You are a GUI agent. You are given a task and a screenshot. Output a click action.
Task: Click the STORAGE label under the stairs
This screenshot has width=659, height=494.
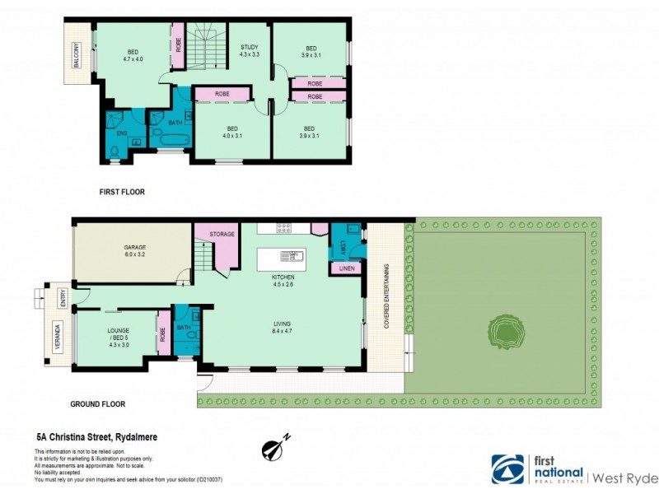click(222, 234)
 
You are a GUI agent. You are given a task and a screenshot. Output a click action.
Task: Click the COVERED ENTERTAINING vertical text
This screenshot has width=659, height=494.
click(386, 296)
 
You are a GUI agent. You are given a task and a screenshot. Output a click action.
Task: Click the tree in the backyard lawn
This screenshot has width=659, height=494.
click(503, 332)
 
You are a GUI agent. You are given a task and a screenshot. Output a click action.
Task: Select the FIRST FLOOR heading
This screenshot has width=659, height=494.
click(121, 192)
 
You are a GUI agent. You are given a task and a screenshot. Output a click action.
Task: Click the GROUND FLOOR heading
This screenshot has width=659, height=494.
click(97, 404)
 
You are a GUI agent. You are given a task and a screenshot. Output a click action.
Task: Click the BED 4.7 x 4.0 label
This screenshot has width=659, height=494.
click(133, 54)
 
